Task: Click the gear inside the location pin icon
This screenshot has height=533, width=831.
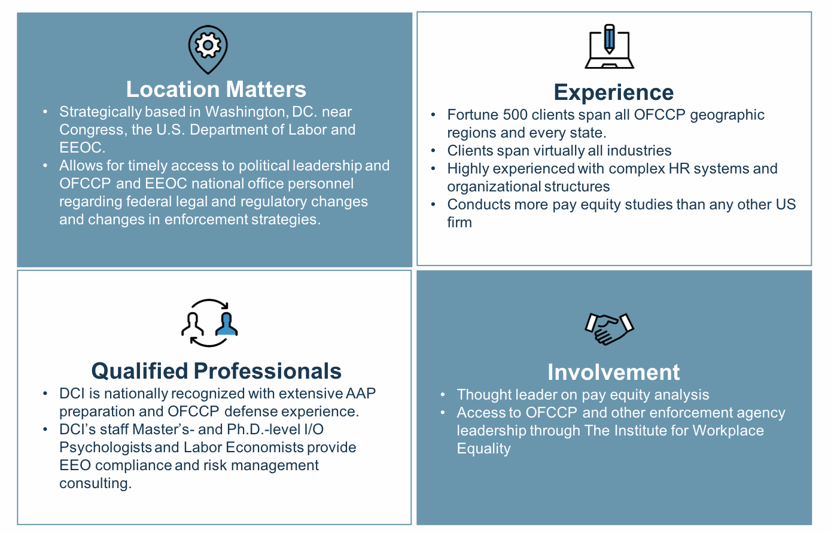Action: (208, 45)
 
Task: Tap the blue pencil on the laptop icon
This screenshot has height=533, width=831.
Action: (609, 39)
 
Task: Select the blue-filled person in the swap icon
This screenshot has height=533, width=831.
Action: (227, 324)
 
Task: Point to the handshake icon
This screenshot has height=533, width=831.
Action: (609, 329)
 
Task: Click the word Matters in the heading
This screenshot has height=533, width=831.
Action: (266, 89)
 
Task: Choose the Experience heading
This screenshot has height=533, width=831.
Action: (614, 92)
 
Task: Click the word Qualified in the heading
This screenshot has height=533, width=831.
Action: (139, 371)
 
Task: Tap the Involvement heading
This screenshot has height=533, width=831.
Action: (614, 372)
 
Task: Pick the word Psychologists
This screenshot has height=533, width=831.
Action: (105, 447)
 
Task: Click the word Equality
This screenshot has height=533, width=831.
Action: (484, 449)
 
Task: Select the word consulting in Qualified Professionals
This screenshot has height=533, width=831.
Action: (95, 484)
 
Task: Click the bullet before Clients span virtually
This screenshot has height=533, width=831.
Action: (433, 151)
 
